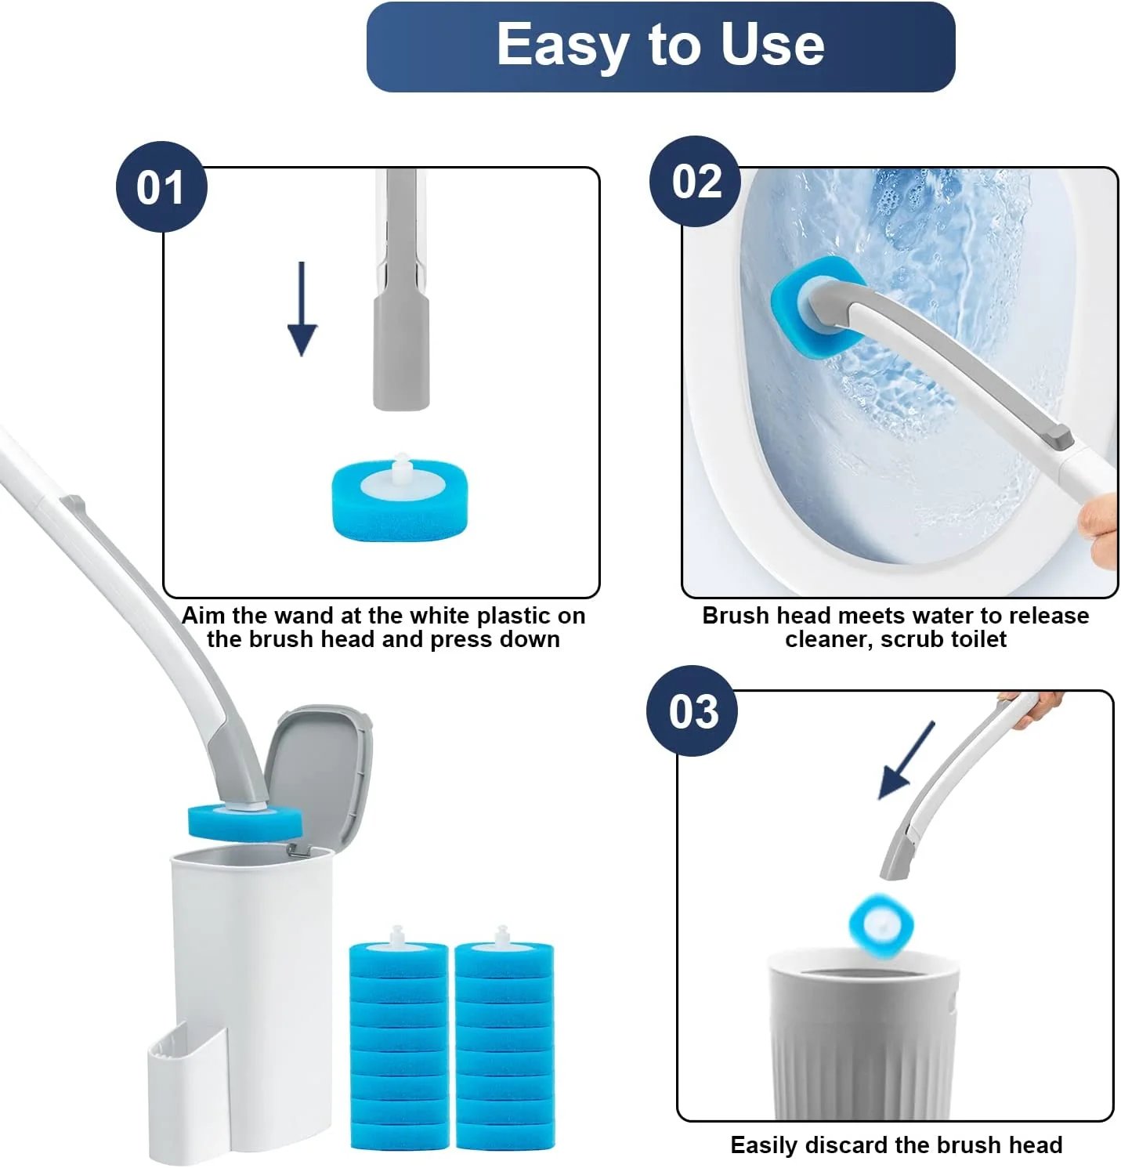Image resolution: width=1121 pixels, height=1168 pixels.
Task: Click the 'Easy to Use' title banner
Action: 660,46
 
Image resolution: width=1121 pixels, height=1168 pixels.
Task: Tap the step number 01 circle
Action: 161,187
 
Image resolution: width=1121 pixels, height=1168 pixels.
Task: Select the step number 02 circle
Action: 696,182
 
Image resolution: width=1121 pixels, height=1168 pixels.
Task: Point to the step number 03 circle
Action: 692,711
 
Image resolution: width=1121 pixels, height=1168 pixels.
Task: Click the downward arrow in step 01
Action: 302,310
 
